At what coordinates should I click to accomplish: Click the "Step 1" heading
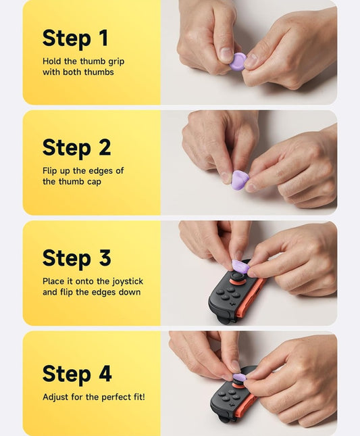click(x=75, y=39)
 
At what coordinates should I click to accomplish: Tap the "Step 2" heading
click(x=77, y=148)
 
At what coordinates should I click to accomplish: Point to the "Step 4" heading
click(x=77, y=374)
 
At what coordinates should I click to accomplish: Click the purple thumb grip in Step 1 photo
click(x=238, y=62)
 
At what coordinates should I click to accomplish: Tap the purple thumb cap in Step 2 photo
click(x=240, y=180)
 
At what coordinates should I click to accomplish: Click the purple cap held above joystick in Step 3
click(x=240, y=266)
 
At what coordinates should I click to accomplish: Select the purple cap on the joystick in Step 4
click(x=240, y=378)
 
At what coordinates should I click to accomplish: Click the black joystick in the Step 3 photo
click(x=237, y=277)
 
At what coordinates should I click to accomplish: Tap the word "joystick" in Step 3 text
click(x=128, y=281)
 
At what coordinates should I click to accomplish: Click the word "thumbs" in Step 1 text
click(x=99, y=72)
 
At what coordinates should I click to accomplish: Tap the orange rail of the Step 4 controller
click(x=245, y=405)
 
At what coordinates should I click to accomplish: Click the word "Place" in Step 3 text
click(x=53, y=281)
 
